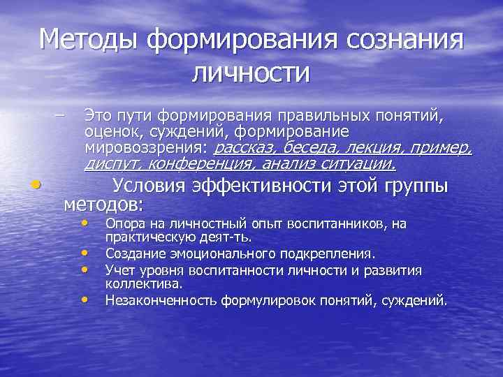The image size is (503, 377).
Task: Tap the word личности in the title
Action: click(251, 73)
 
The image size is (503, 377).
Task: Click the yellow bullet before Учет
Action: click(85, 269)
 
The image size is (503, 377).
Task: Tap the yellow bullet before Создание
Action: click(85, 253)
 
